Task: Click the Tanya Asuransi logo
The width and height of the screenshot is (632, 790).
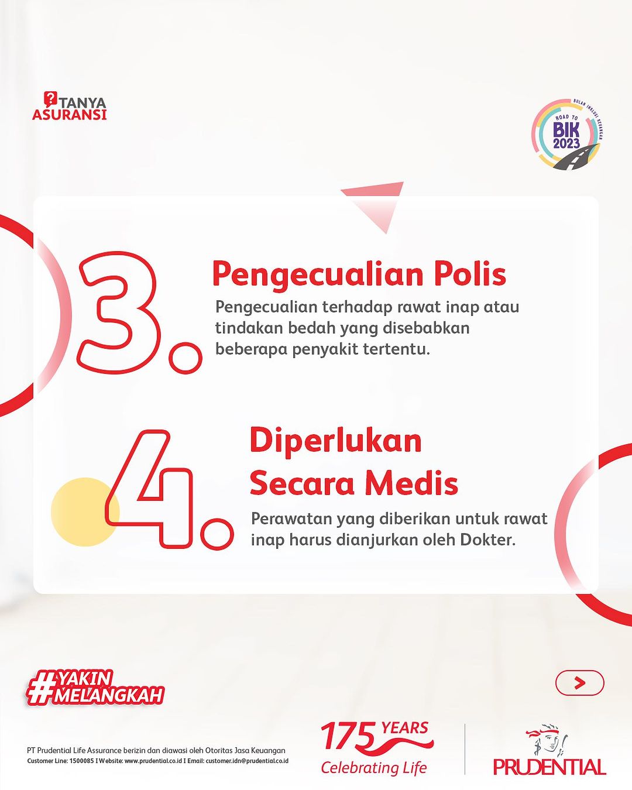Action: (x=70, y=106)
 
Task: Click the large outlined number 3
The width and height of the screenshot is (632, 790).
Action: (x=120, y=312)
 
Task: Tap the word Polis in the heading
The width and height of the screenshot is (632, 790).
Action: (x=470, y=273)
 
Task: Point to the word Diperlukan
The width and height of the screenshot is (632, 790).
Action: (x=336, y=441)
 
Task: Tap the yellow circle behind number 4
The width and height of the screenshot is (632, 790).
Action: (x=85, y=511)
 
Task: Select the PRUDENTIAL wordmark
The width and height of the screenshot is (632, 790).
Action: (x=549, y=766)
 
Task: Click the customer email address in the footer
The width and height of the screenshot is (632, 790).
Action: (x=247, y=761)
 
